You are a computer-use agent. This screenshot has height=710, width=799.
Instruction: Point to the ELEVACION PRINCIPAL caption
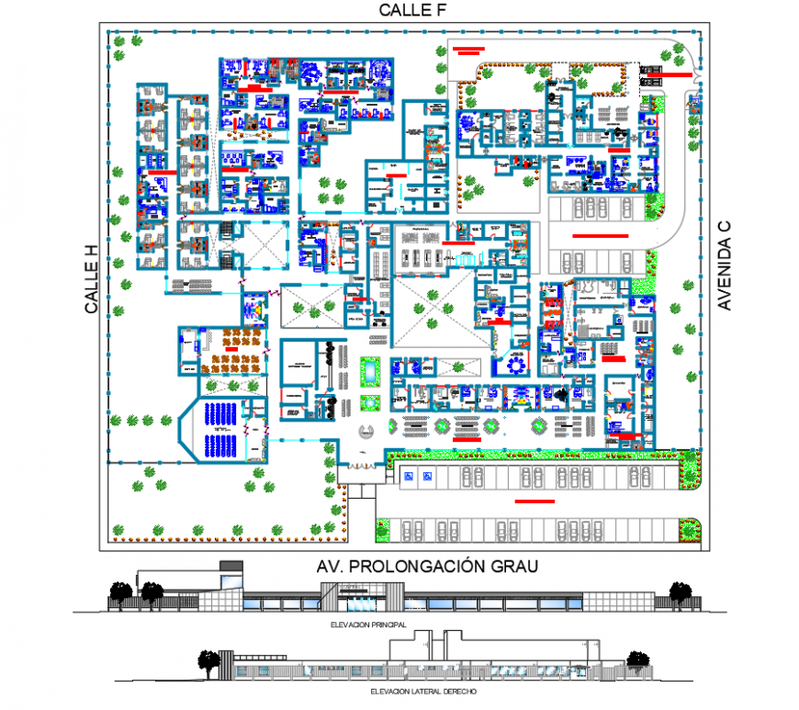367,624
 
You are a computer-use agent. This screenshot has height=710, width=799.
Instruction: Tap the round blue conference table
515,365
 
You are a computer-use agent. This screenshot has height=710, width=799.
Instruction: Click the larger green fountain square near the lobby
370,371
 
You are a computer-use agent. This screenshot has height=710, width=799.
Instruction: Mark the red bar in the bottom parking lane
535,502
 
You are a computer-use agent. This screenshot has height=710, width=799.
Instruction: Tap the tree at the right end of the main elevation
679,593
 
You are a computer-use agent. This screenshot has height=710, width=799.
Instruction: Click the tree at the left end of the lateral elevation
210,661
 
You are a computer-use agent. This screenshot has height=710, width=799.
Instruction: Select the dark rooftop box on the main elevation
231,565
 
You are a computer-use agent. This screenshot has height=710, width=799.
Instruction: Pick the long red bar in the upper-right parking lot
600,236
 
